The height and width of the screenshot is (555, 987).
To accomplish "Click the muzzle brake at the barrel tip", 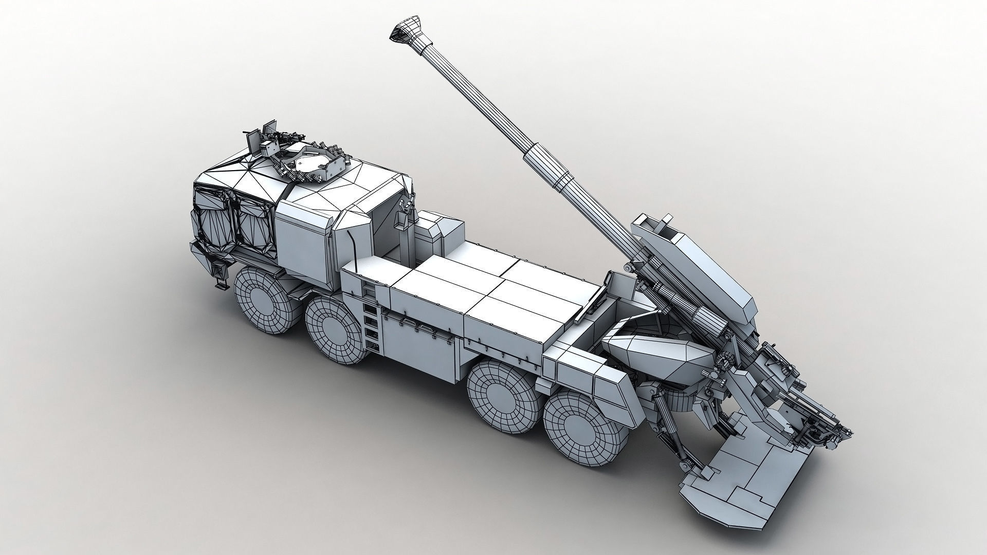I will click(x=403, y=31).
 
